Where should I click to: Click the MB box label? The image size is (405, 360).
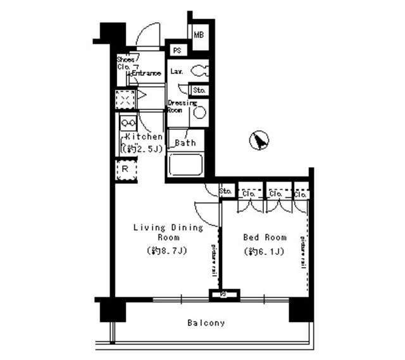pos(198,35)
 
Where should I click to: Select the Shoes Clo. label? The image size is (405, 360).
pos(125,63)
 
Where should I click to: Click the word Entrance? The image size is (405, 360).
pos(146,73)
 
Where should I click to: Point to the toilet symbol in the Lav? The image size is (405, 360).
pos(199,70)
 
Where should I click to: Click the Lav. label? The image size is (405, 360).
pos(177,71)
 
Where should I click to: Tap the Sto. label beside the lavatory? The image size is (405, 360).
pos(199,90)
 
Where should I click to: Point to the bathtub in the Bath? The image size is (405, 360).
pos(185,166)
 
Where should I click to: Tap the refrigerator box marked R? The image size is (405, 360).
pos(125,170)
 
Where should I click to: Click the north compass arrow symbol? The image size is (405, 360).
pos(258,140)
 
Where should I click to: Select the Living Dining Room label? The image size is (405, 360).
pos(168,232)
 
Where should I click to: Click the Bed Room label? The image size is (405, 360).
pos(265,238)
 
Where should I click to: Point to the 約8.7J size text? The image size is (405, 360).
pos(168,251)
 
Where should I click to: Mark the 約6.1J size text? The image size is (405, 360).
pos(265,252)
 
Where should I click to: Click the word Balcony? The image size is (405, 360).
pos(206,323)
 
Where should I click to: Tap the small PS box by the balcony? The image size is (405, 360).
pos(224,294)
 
